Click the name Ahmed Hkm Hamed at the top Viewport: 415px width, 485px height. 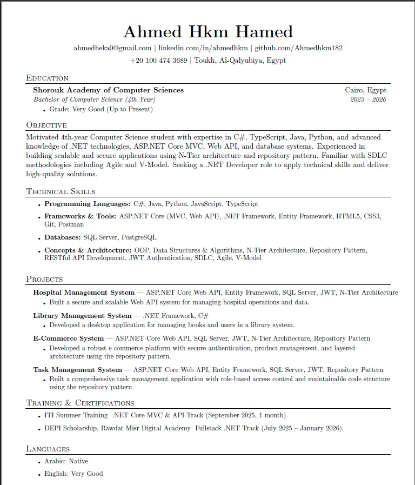pyautogui.click(x=207, y=31)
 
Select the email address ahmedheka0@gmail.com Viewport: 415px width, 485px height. pyautogui.click(x=112, y=48)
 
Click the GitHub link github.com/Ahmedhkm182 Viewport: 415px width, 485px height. pyautogui.click(x=298, y=48)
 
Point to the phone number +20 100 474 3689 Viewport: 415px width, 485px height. pyautogui.click(x=158, y=61)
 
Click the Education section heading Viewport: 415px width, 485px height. pyautogui.click(x=47, y=78)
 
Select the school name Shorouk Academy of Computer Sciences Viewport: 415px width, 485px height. pyautogui.click(x=108, y=90)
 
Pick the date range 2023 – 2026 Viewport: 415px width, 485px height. pyautogui.click(x=368, y=99)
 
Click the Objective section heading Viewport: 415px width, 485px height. pyautogui.click(x=46, y=125)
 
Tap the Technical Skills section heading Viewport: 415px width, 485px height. pyautogui.click(x=61, y=191)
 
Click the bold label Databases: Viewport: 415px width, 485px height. pyautogui.click(x=63, y=237)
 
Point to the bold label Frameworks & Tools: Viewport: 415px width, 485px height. pyautogui.click(x=80, y=216)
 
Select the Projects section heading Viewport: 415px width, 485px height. pyautogui.click(x=44, y=279)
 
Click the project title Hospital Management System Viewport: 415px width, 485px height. pyautogui.click(x=84, y=293)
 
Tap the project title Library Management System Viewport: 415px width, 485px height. pyautogui.click(x=82, y=316)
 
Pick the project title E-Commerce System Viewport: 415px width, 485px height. pyautogui.click(x=68, y=338)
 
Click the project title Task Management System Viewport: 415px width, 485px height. pyautogui.click(x=77, y=370)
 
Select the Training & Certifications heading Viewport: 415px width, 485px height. pyautogui.click(x=80, y=403)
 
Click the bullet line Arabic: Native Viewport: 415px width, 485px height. pyautogui.click(x=66, y=461)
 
